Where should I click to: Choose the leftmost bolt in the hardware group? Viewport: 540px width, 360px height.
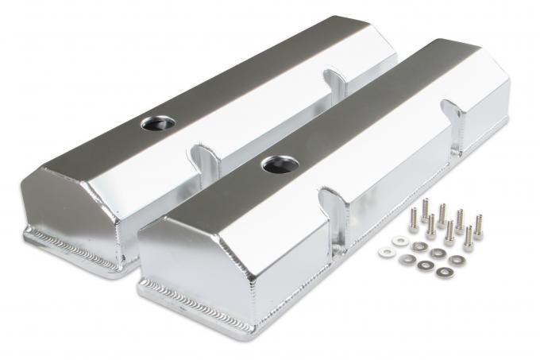point(415,219)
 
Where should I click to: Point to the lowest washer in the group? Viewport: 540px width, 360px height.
point(441,273)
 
